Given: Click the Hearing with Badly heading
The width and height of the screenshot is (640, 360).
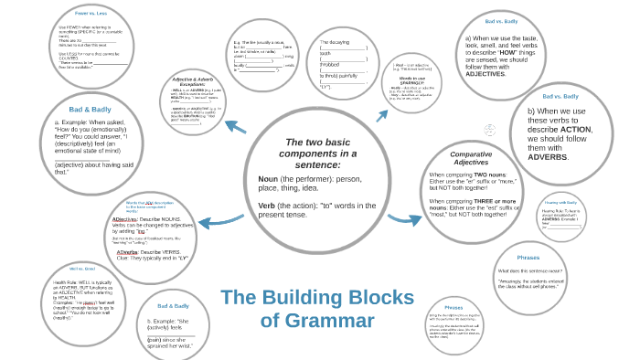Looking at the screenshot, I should (560, 202).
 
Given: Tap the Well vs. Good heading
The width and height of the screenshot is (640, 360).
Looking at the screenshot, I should (81, 269).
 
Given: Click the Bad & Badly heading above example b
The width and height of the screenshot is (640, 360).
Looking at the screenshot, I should (173, 306).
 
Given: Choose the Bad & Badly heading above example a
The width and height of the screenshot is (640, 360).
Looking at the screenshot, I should (91, 110).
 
